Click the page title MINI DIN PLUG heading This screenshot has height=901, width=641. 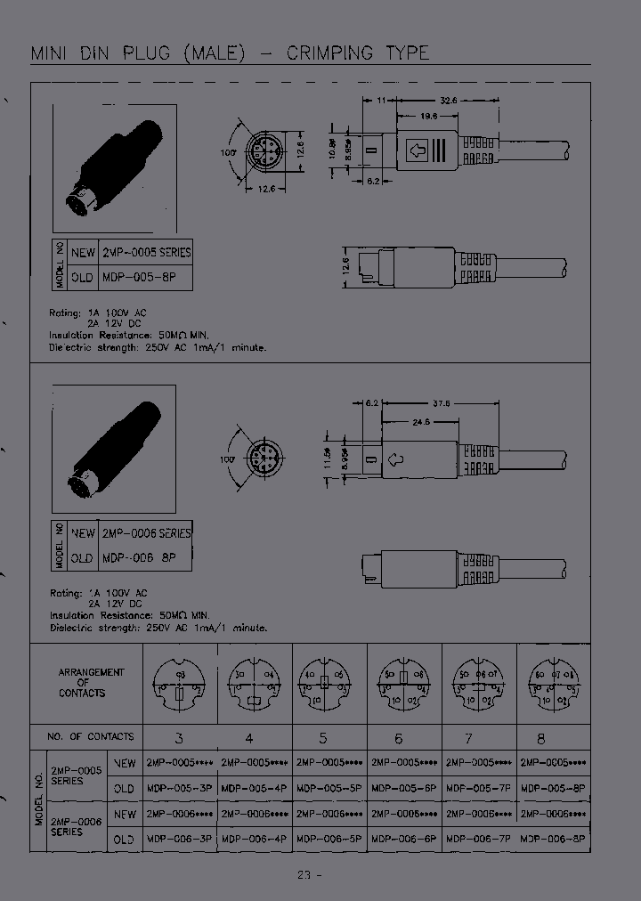[230, 53]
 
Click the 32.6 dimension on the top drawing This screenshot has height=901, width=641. [448, 101]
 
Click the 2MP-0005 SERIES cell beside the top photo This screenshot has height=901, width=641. [145, 253]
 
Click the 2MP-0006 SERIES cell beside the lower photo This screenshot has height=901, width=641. [145, 533]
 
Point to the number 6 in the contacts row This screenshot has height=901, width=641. [398, 738]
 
